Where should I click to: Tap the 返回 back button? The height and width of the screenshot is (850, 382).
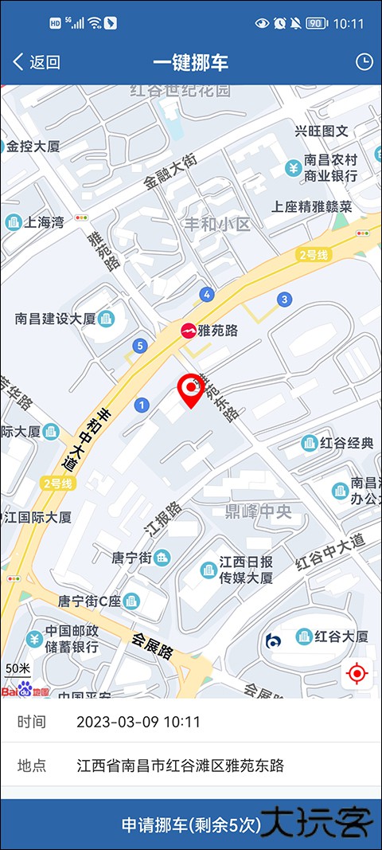[x=37, y=62]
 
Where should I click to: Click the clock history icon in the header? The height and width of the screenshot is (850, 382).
[x=364, y=62]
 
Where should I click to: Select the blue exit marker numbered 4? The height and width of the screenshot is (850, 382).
[x=207, y=295]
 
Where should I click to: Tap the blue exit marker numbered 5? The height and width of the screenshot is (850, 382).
[x=140, y=346]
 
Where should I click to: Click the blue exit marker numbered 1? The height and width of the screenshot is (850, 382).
[x=142, y=405]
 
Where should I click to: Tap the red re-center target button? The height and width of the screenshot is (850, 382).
[x=357, y=674]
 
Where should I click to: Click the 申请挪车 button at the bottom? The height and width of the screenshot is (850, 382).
[x=191, y=825]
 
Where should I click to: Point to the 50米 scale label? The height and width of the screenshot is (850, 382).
[x=18, y=668]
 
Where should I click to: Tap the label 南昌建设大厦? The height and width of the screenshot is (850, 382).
[x=56, y=319]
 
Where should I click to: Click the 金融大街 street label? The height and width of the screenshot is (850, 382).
[x=170, y=170]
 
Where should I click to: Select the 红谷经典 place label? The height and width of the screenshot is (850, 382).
[x=346, y=443]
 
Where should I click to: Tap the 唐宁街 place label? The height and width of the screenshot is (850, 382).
[x=131, y=558]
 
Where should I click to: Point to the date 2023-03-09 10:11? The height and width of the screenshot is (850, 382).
[x=138, y=723]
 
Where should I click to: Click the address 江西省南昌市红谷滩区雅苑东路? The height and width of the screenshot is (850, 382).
[x=181, y=766]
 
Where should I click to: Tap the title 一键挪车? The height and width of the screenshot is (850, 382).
[x=190, y=62]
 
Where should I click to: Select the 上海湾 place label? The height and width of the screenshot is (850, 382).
[x=45, y=222]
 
